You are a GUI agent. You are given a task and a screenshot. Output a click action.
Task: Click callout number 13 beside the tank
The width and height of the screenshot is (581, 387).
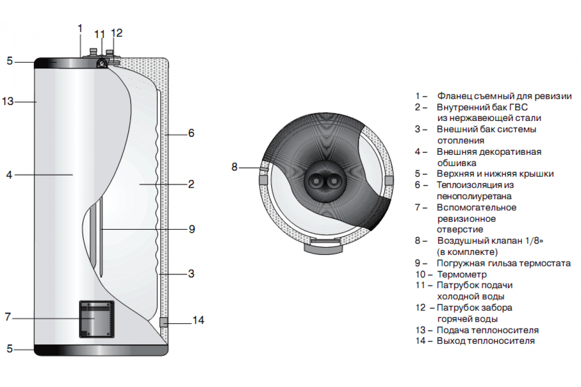[x=8, y=102]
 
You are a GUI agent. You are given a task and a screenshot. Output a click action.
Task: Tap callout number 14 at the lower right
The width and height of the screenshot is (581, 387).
[x=199, y=320]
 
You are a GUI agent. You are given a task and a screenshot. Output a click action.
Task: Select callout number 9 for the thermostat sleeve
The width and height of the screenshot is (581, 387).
[x=192, y=229]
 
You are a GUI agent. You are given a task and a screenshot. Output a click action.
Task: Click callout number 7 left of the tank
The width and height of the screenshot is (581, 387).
[x=8, y=317]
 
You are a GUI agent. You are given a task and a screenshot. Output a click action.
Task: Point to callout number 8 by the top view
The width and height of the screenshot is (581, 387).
[x=235, y=167]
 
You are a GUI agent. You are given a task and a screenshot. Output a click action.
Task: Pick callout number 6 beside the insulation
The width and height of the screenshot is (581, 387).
[x=191, y=133]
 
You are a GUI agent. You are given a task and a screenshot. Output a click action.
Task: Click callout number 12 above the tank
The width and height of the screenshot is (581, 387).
[x=117, y=33]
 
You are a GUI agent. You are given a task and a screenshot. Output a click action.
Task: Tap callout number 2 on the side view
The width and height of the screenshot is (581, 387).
[x=191, y=184]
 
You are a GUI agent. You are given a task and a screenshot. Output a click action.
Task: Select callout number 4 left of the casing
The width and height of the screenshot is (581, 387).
[x=9, y=175]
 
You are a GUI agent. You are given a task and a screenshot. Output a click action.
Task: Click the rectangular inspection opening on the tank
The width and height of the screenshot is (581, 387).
[x=97, y=319]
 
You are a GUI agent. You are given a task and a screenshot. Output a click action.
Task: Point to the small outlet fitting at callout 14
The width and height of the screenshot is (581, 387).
[x=164, y=322]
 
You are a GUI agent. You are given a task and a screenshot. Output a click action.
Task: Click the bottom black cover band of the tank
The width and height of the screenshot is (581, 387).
[x=101, y=350]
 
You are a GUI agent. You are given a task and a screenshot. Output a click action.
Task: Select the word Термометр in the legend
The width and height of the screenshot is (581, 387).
[x=455, y=274]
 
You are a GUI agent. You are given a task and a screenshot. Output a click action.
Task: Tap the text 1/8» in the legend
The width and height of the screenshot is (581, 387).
[x=542, y=241]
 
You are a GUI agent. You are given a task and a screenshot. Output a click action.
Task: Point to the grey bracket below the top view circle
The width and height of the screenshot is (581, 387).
[x=324, y=248]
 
